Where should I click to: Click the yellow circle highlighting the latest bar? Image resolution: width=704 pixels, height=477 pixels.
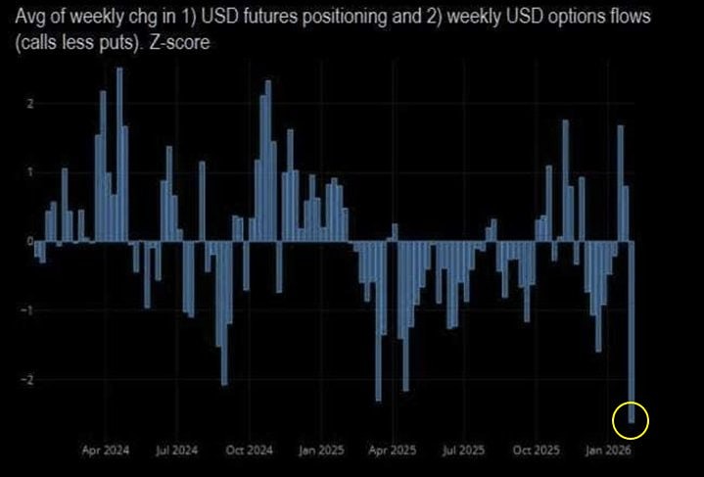click(x=631, y=421)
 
